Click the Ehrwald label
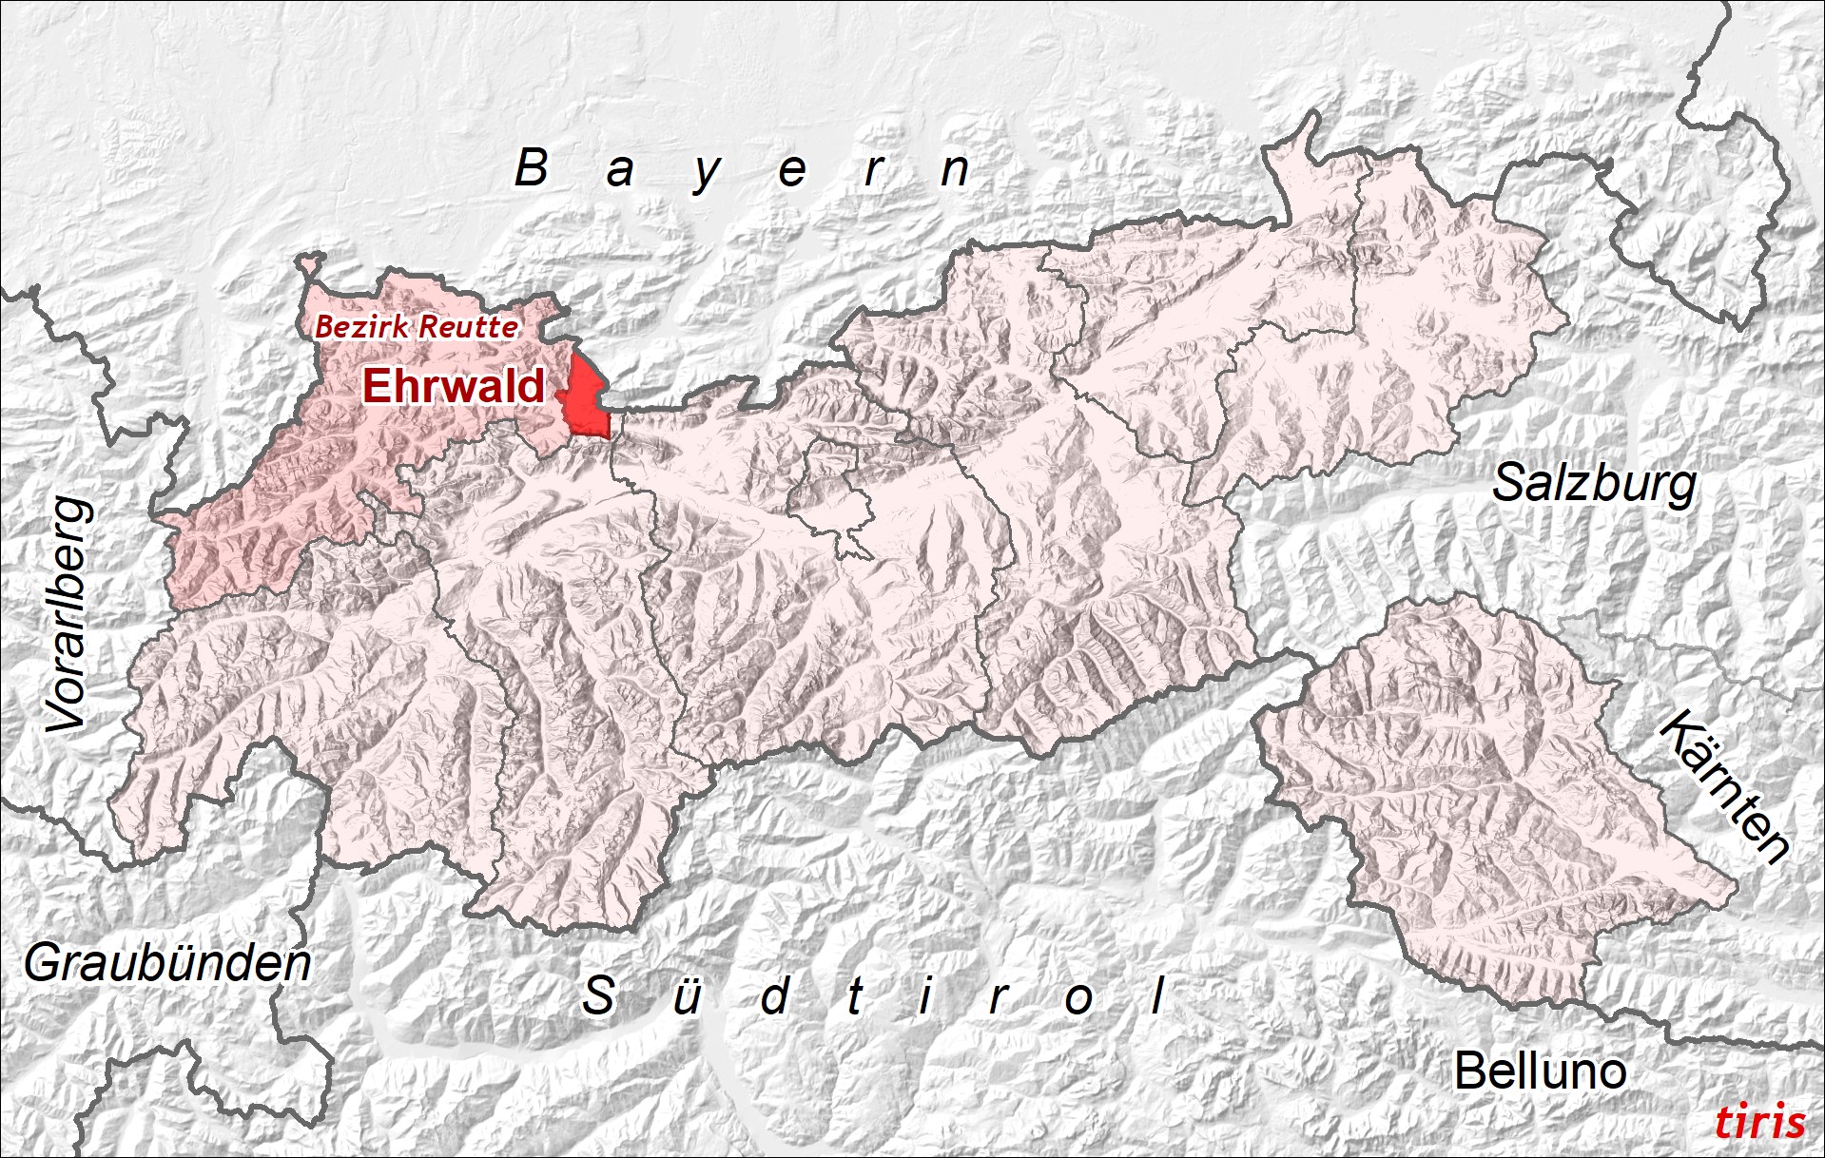454,386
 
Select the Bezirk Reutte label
417,327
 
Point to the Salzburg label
1594,485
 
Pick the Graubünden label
167,964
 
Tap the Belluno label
1540,1071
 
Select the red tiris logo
1759,1122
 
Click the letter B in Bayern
532,168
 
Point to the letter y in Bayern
707,173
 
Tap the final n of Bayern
955,171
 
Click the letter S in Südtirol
599,995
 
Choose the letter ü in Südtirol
687,996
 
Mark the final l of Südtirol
1158,995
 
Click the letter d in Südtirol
775,995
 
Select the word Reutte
469,327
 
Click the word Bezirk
362,327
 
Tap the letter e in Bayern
792,172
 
